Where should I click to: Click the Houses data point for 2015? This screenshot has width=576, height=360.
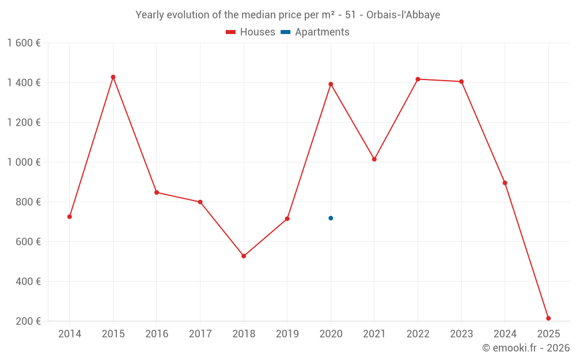113,77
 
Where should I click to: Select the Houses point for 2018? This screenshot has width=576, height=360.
244,256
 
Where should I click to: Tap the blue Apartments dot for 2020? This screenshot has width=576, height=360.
331,218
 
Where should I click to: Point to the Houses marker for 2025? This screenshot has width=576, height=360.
548,318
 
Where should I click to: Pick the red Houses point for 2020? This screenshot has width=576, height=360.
331,84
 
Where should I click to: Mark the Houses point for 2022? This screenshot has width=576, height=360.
418,79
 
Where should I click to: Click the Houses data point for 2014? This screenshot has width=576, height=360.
70,217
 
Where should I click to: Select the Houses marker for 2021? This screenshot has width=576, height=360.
374,159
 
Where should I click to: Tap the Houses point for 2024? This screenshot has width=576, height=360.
505,183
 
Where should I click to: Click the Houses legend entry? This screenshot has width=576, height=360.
251,32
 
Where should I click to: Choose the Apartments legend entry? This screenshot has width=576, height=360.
316,32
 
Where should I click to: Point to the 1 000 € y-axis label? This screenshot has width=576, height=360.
24,162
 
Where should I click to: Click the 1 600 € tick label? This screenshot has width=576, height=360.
24,43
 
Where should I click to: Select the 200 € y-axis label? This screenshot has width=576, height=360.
28,321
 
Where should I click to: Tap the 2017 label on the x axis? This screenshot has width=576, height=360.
200,334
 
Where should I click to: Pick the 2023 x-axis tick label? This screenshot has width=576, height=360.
461,334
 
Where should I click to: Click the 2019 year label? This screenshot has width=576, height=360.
287,334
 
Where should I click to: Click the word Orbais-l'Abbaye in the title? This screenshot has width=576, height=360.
403,15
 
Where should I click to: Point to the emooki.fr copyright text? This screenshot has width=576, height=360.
526,348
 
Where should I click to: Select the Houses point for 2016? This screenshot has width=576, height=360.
157,192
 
